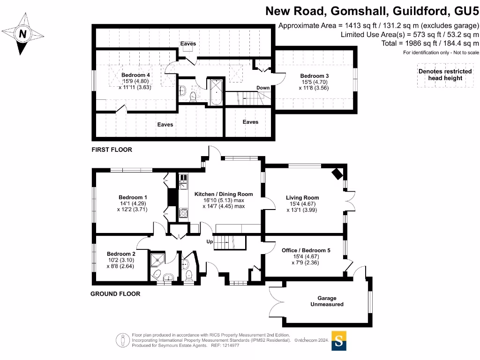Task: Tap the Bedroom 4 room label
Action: pyautogui.click(x=135, y=75)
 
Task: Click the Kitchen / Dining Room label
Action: pyautogui.click(x=224, y=194)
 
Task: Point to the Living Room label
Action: pyautogui.click(x=302, y=198)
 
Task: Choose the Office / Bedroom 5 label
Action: pyautogui.click(x=306, y=251)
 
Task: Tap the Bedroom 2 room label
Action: pyautogui.click(x=120, y=254)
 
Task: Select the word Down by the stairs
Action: pyautogui.click(x=263, y=88)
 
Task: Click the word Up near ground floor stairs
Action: pyautogui.click(x=210, y=242)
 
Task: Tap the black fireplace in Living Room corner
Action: pyautogui.click(x=337, y=174)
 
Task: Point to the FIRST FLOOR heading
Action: pyautogui.click(x=112, y=150)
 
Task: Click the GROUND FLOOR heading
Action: pyautogui.click(x=115, y=294)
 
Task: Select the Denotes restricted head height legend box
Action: pyautogui.click(x=445, y=75)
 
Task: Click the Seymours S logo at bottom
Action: pyautogui.click(x=339, y=341)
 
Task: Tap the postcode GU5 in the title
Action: pyautogui.click(x=466, y=10)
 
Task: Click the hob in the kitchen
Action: pyautogui.click(x=183, y=213)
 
